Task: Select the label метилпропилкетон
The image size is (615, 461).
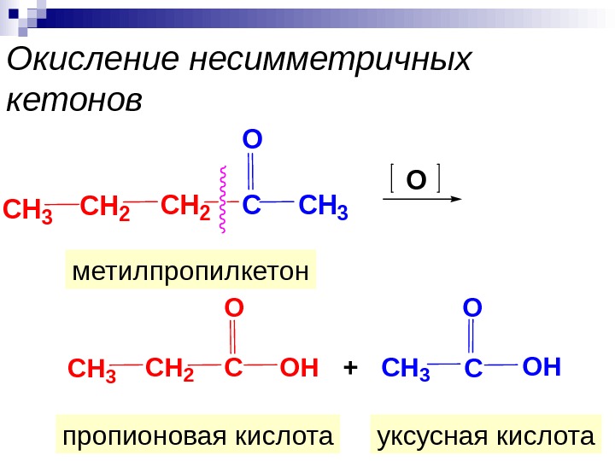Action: [x=190, y=271]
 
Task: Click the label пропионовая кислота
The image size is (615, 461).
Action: [x=197, y=436]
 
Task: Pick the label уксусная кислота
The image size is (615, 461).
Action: [x=484, y=436]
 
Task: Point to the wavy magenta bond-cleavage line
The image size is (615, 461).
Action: [x=223, y=200]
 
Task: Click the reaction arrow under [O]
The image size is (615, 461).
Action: [x=419, y=198]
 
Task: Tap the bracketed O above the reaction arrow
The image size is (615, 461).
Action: [x=415, y=180]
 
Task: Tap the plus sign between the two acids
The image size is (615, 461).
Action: [x=348, y=369]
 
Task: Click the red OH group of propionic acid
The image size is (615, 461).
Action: [x=299, y=369]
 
